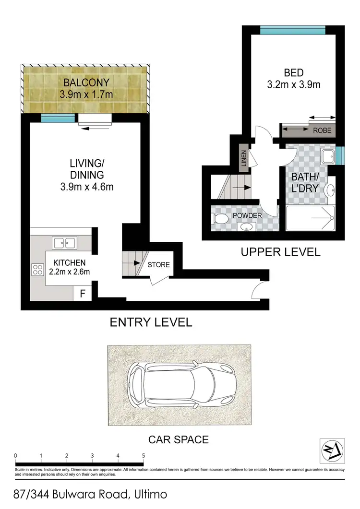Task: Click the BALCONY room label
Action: [x=86, y=82]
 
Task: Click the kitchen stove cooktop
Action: [x=37, y=270]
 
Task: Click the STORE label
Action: [x=158, y=264]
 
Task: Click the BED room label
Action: [x=293, y=73]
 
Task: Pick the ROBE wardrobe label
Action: [x=321, y=130]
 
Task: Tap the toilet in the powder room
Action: [x=220, y=220]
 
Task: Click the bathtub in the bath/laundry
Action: [x=310, y=219]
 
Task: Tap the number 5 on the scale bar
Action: [x=143, y=456]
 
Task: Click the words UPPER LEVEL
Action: [x=280, y=252]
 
